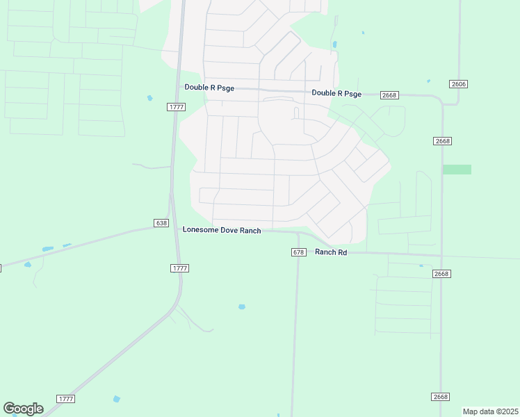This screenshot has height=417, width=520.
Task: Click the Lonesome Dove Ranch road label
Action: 222,230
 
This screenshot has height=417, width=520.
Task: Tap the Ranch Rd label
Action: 331,252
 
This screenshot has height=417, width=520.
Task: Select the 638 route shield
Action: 161,223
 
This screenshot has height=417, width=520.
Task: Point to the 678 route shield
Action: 298,252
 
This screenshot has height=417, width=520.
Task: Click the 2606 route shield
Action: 458,84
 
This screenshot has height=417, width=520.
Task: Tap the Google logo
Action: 23,409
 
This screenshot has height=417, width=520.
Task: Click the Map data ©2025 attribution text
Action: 490,411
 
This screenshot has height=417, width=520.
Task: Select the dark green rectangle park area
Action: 457,170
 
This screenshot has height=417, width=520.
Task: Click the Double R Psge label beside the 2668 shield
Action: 336,93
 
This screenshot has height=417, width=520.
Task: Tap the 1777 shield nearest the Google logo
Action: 66,398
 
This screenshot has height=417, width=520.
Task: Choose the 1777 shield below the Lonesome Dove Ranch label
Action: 179,268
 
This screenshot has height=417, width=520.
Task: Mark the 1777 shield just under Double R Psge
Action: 177,106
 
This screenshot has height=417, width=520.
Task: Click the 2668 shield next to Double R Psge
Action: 389,95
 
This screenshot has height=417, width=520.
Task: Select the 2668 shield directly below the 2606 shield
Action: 443,141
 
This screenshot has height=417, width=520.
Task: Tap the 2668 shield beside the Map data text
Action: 440,397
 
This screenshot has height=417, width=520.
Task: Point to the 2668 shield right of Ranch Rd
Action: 442,274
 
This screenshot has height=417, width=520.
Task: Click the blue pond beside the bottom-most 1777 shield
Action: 116,399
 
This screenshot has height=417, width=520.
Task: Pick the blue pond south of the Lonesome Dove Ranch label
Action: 241,306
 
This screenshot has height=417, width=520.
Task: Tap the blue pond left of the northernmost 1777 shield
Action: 149,98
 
